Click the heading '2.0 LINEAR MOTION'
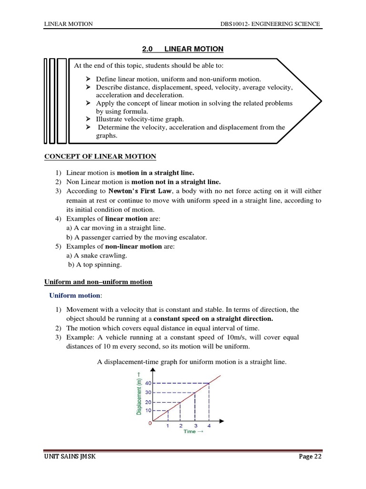coord(183,49)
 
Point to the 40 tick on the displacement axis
coord(148,383)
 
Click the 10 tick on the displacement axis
coord(148,411)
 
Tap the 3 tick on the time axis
coord(195,426)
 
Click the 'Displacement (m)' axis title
coord(139,393)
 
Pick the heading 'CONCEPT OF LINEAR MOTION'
coord(100,156)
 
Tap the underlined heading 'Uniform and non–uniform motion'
coord(98,282)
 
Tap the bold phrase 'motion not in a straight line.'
coord(176,182)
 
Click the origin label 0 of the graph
coord(151,424)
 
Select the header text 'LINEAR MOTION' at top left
coord(68,24)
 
